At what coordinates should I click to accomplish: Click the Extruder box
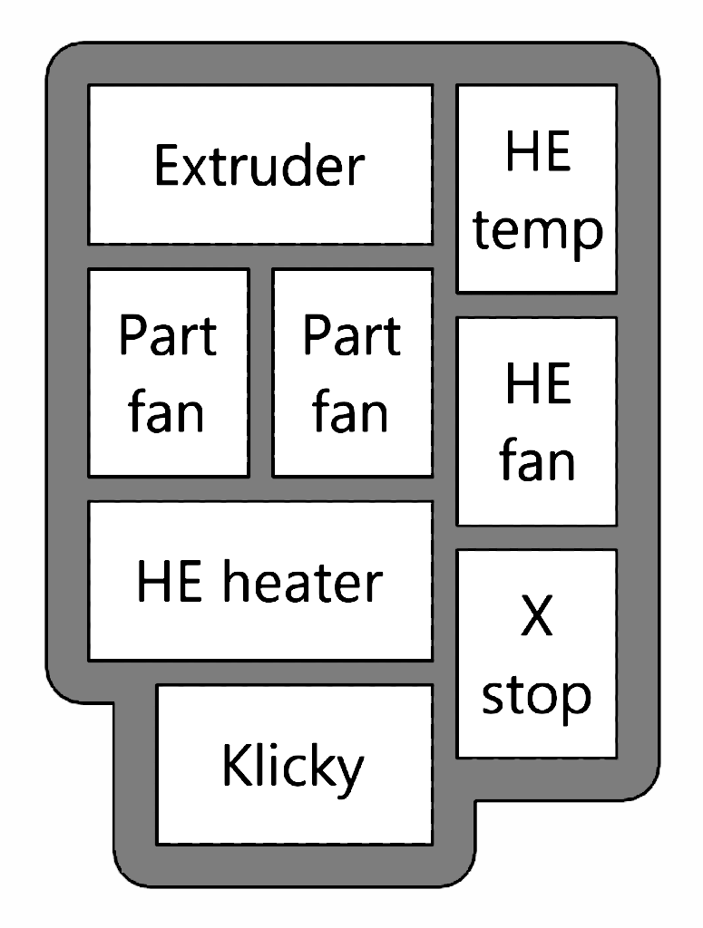tap(259, 164)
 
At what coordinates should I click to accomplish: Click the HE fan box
tap(537, 420)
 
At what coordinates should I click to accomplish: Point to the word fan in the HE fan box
tap(537, 460)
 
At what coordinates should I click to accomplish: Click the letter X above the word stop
tap(537, 618)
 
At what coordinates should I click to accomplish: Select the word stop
tap(537, 695)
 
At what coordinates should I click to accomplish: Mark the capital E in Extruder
tap(167, 165)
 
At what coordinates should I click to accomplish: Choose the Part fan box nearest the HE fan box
tap(352, 372)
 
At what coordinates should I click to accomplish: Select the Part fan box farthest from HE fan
tap(168, 372)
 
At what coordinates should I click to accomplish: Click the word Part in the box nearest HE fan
tap(352, 335)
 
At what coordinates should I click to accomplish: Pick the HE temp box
tap(537, 188)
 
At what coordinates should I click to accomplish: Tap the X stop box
tap(537, 653)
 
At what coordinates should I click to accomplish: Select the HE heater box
tap(259, 581)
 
